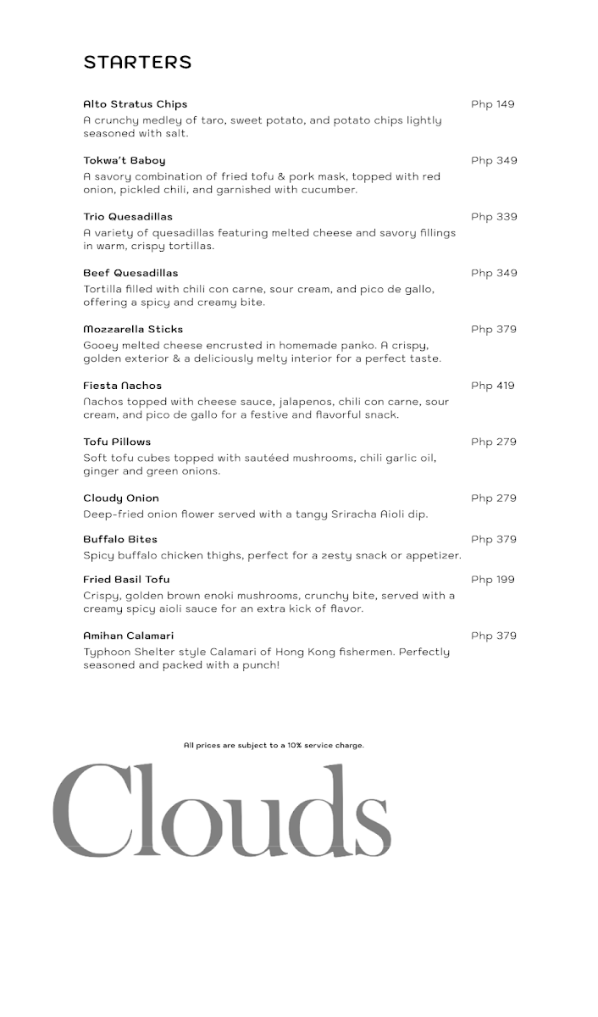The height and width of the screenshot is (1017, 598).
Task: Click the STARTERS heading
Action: tap(137, 62)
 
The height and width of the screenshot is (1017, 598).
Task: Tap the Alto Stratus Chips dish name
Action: tap(135, 104)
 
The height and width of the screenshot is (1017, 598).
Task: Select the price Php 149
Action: tap(492, 104)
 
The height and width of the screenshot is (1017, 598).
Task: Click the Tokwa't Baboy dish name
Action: tap(124, 160)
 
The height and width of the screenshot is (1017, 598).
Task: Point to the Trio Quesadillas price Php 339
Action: tap(494, 217)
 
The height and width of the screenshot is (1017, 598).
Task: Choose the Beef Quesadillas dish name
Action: tap(130, 273)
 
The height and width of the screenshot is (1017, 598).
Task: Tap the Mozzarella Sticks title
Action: tap(133, 329)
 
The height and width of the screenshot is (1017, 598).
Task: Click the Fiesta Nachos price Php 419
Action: tap(492, 386)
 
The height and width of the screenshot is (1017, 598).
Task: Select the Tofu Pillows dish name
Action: tap(117, 442)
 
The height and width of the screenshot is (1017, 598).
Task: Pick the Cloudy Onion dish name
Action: tap(121, 498)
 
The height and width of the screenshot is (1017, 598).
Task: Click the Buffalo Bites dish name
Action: tap(120, 539)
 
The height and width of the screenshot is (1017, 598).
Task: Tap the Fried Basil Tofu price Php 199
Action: tap(492, 580)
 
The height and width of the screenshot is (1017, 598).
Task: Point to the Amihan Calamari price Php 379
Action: tap(494, 636)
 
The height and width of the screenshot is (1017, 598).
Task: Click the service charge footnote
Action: tap(274, 746)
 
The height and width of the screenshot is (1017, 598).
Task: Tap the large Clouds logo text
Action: tap(222, 805)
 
